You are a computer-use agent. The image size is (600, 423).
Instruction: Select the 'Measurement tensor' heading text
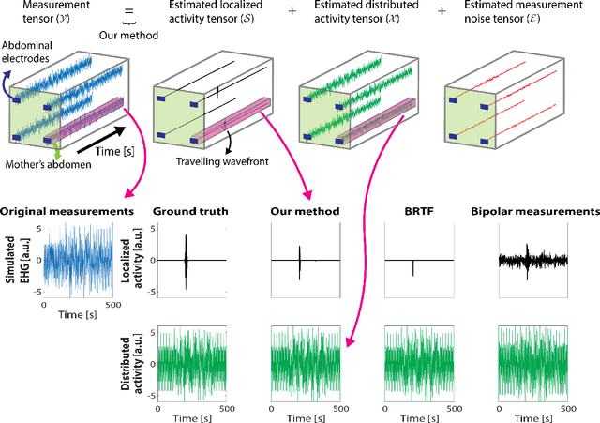coord(34,15)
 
